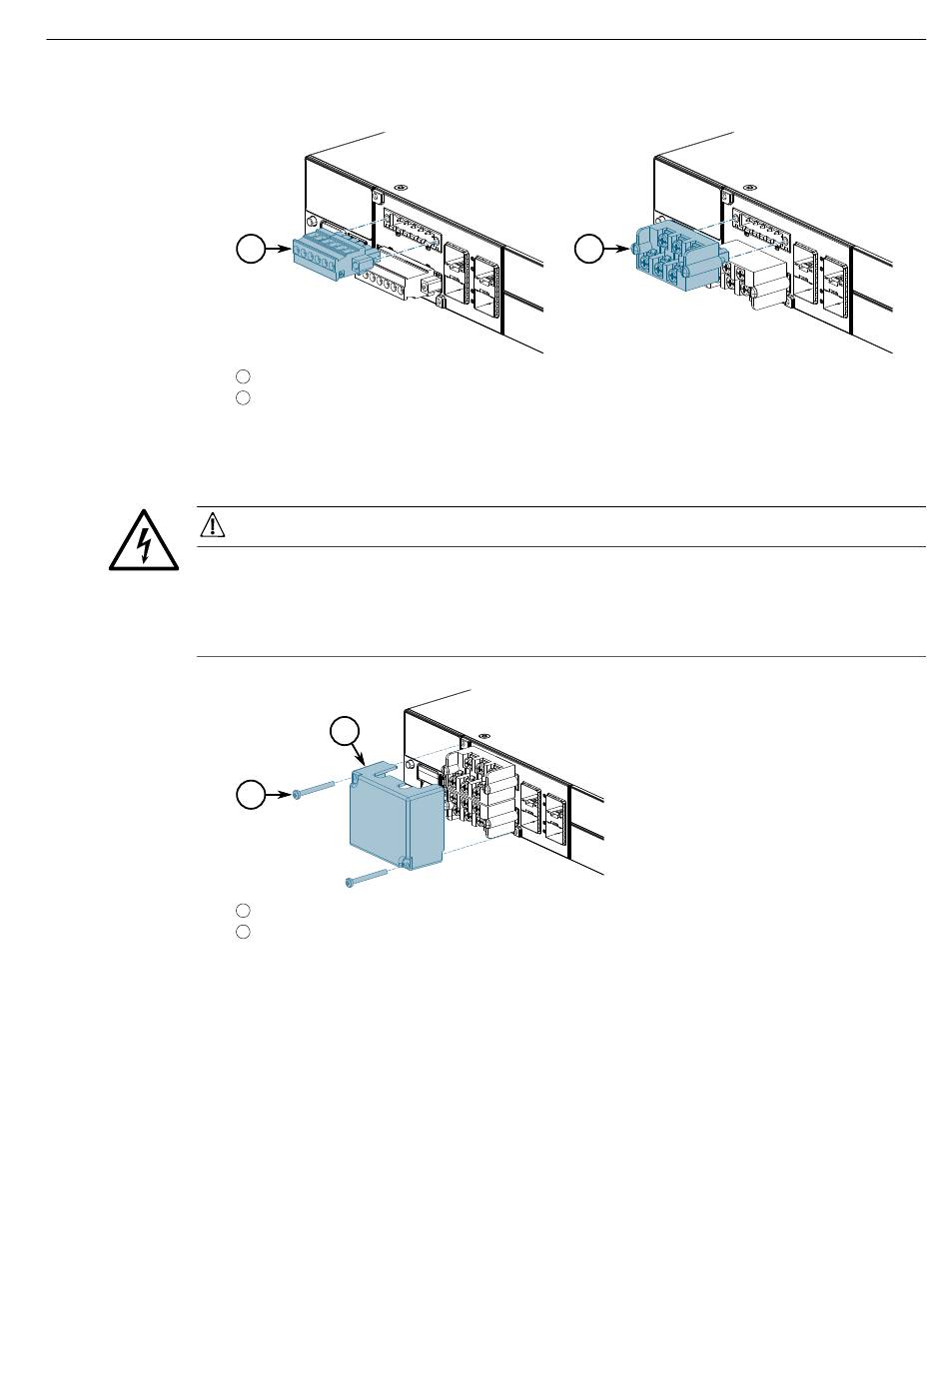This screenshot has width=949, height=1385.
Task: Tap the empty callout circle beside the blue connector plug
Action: tap(250, 249)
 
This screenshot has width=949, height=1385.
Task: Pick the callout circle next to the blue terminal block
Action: tap(590, 249)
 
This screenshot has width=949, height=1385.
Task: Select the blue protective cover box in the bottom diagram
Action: tap(393, 821)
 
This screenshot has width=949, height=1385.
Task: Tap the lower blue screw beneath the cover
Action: tap(369, 878)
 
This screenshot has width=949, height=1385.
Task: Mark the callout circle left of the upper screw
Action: tap(250, 795)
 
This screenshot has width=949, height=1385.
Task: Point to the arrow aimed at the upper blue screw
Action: tap(279, 795)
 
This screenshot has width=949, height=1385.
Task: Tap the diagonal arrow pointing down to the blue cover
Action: tap(360, 754)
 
